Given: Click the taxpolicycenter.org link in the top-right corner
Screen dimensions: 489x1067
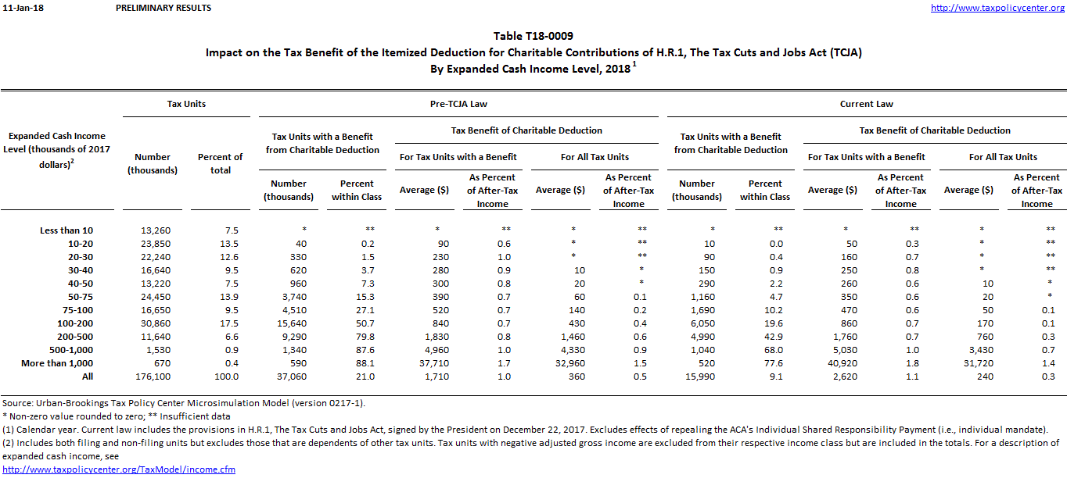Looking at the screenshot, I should click(x=998, y=8).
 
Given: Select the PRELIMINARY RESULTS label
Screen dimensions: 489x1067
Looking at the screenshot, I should click(x=163, y=8).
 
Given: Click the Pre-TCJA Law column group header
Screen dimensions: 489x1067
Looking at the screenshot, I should click(x=460, y=104).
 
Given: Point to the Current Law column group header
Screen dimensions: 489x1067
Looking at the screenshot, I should click(x=866, y=104).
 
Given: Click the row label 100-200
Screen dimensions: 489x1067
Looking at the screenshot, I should click(x=77, y=323).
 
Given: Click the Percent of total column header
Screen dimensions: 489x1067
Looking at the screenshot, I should click(x=220, y=163).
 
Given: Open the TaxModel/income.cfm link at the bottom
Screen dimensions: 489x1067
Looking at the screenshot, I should click(x=119, y=469).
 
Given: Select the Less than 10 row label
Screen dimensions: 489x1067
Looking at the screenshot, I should click(x=66, y=230).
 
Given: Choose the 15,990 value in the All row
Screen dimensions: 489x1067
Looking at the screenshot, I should click(x=697, y=377).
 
